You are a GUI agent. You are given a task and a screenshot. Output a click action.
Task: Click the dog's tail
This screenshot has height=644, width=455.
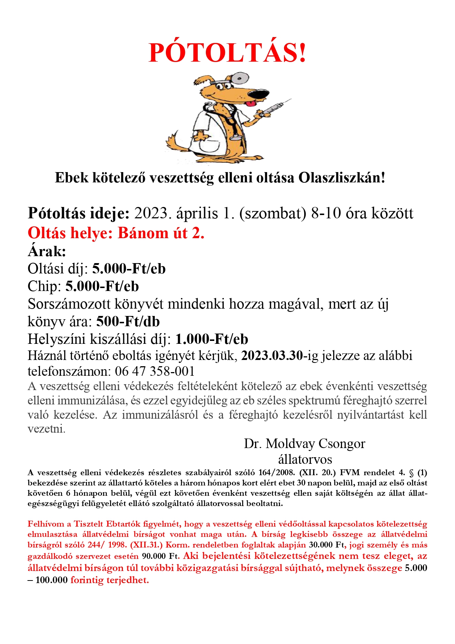(x=175, y=143)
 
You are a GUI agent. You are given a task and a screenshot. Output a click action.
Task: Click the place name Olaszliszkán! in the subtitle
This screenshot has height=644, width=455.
(x=342, y=178)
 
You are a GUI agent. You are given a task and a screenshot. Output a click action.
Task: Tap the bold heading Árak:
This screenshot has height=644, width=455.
(x=47, y=251)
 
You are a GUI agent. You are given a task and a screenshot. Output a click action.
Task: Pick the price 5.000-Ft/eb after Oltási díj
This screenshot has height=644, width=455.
(x=129, y=269)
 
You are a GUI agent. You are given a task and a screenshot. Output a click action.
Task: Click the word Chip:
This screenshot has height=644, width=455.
(x=44, y=286)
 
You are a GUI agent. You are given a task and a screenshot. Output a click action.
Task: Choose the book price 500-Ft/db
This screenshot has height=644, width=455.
(x=128, y=321)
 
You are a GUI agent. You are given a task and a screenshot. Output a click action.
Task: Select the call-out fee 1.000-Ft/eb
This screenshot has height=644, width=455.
(x=212, y=339)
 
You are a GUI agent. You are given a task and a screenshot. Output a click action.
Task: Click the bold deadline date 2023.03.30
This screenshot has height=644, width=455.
(x=272, y=356)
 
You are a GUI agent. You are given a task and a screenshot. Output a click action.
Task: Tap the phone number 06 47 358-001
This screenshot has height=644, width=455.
(x=155, y=371)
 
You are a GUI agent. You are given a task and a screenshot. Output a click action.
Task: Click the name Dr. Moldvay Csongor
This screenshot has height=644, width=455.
(x=305, y=444)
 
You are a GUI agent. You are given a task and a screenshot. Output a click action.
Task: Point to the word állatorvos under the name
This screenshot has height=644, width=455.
(x=305, y=459)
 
